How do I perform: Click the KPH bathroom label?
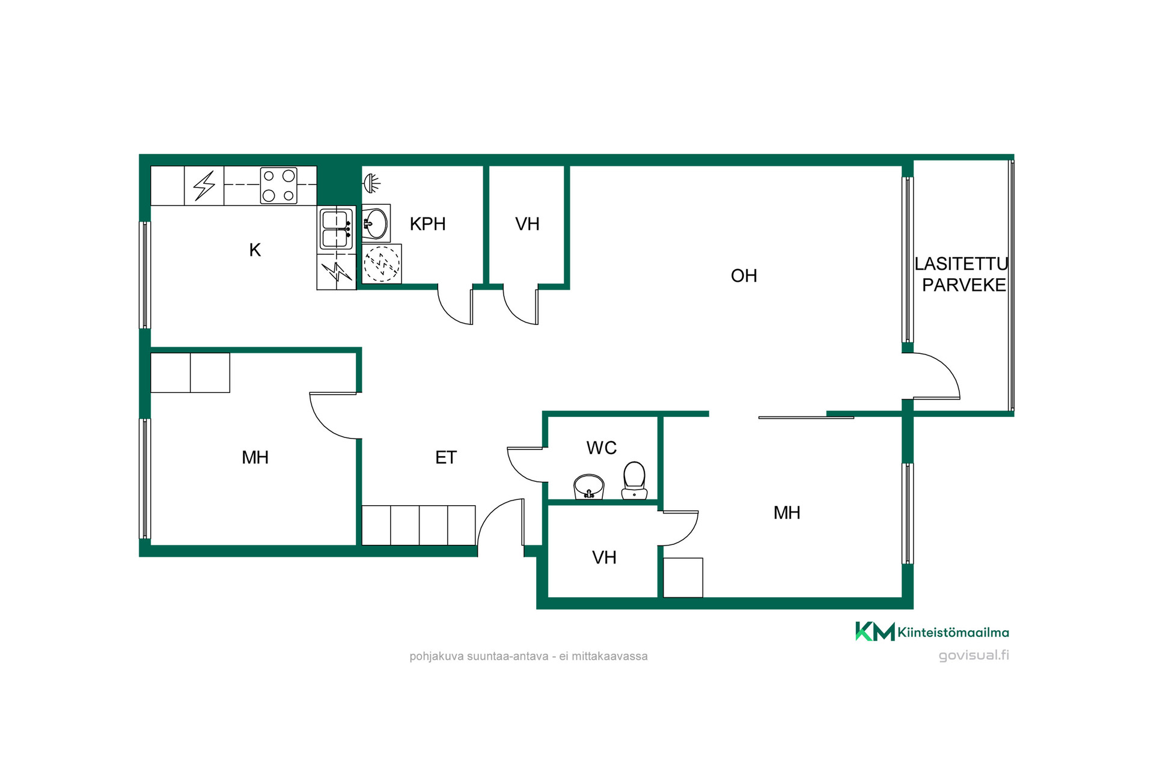point(427,224)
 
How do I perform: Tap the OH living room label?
point(743,276)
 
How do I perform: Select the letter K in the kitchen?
point(255,250)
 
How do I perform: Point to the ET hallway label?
point(445,458)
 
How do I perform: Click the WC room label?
point(601,448)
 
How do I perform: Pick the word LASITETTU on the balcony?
point(961,264)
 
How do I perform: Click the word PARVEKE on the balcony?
point(964,285)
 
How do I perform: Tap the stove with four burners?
point(279,186)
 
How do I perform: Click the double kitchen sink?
point(336,228)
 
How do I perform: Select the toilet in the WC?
point(634,481)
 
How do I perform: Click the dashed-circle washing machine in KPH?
point(382,263)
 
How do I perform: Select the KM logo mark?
point(875,631)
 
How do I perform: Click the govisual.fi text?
point(974,655)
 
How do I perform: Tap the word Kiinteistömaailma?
point(953,632)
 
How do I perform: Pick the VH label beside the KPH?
point(527,224)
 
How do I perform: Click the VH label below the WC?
point(604,558)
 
